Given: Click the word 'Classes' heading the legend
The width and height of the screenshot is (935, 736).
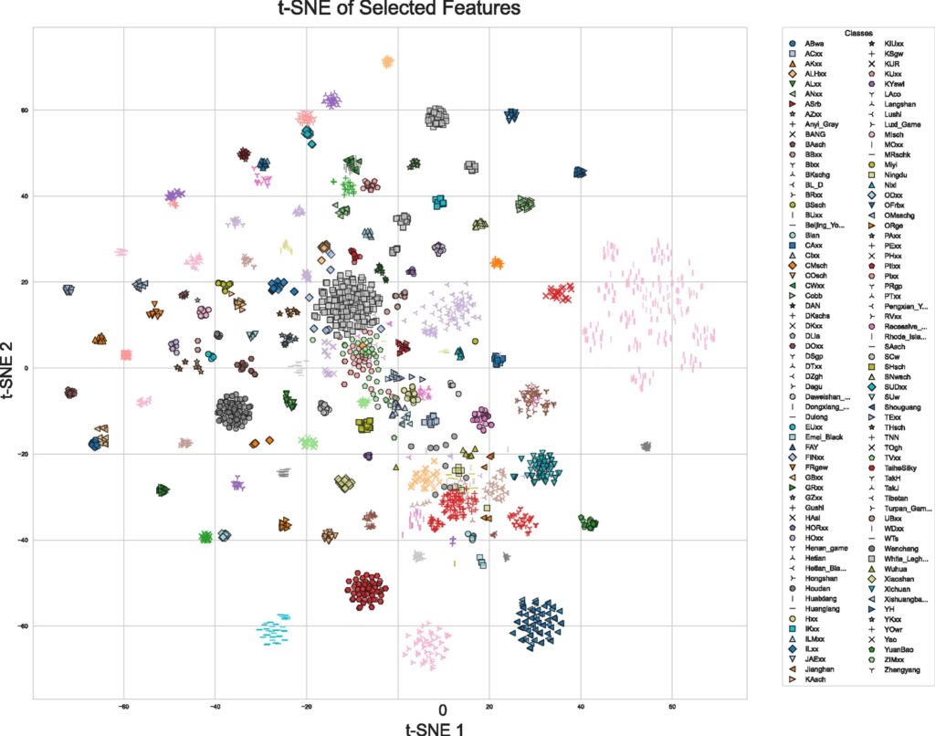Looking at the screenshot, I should (x=857, y=33).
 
